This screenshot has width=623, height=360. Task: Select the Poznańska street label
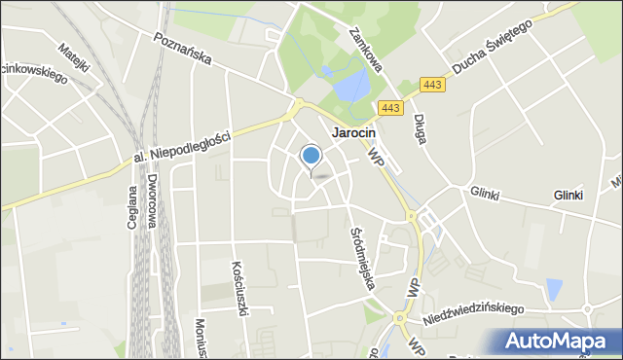pos(181,49)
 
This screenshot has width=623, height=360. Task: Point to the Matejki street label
pos(73,61)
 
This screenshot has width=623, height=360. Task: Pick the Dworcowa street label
pos(154,200)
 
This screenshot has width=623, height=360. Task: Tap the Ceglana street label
pos(132,206)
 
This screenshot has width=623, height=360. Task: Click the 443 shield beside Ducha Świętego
pos(433,85)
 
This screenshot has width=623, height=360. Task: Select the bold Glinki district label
pos(568,195)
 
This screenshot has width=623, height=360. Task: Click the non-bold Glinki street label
pos(484,194)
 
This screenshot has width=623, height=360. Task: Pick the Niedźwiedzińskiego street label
pos(473,312)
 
